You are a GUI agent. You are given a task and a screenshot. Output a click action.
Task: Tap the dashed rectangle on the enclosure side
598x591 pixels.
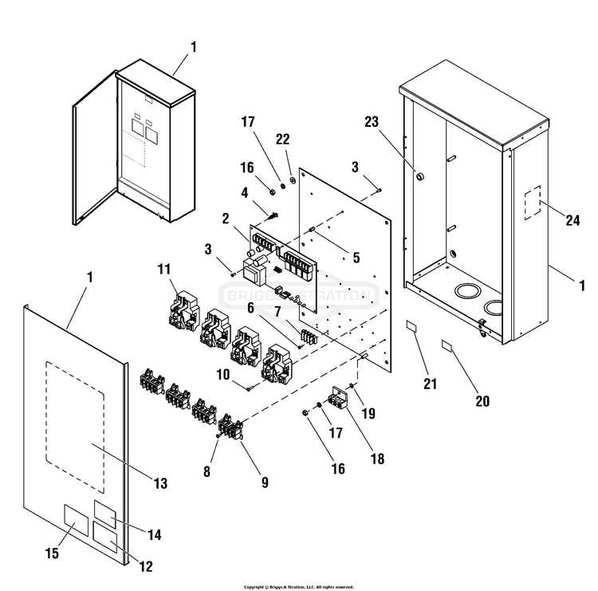[x=531, y=203]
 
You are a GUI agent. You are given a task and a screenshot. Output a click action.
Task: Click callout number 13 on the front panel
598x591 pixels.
[x=160, y=483]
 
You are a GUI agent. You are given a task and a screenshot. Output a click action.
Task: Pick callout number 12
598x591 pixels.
[x=146, y=567]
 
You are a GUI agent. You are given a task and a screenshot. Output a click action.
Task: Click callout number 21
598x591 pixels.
[x=431, y=384]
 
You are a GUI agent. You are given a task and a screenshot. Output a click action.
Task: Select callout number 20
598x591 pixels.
[x=482, y=401]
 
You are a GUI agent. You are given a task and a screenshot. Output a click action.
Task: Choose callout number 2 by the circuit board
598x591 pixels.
[x=226, y=218]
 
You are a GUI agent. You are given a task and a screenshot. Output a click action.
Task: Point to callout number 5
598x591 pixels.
[x=356, y=258]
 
